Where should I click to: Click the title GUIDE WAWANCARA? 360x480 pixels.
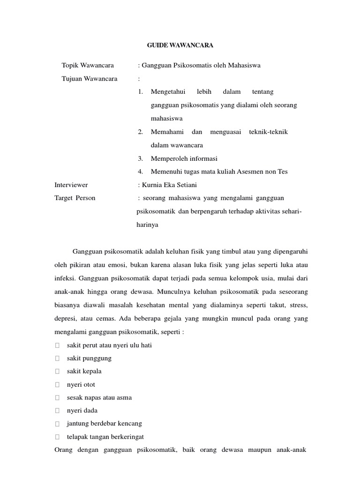[180, 45]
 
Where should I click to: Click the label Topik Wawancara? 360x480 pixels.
[88, 65]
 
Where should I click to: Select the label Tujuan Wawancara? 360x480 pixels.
[90, 78]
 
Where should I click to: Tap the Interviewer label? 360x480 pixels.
[71, 185]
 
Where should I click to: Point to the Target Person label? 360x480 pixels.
[75, 198]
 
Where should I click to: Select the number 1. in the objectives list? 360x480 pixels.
[141, 91]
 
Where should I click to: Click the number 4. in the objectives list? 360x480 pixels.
[141, 172]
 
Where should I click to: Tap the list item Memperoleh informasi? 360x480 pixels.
[184, 158]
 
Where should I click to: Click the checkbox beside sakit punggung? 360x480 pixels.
[57, 359]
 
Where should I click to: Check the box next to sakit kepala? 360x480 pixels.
[57, 372]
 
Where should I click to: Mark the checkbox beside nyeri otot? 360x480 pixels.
[57, 385]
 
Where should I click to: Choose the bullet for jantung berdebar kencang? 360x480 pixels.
[57, 424]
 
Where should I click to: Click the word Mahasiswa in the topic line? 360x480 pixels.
[243, 65]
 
